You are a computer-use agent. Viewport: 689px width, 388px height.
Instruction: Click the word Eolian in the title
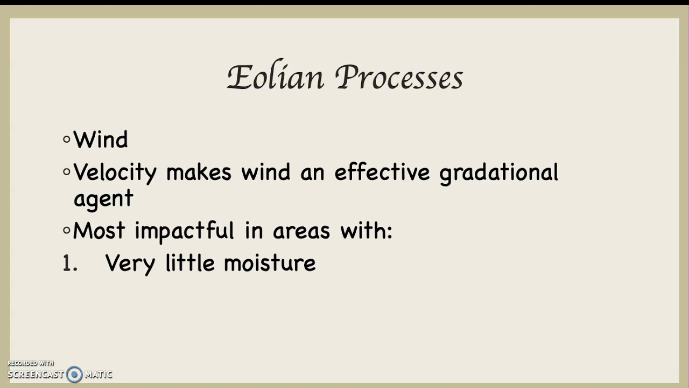coord(276,78)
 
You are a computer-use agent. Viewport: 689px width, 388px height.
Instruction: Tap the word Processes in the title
coord(399,79)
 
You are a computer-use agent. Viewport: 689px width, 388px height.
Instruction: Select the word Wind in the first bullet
coord(101,140)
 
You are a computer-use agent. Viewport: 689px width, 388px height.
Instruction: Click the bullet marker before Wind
coord(67,140)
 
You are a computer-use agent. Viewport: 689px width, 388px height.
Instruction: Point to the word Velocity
coord(115,173)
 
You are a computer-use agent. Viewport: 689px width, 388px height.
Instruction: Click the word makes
coord(199,172)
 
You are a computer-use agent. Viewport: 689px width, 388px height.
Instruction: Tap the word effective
coord(382,172)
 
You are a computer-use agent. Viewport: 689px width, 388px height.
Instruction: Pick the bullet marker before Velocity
coord(67,172)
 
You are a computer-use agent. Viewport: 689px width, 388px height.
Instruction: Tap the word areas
coord(301,231)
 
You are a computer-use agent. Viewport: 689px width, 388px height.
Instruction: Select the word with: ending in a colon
coord(367,231)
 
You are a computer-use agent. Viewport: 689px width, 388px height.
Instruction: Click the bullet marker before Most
coord(67,231)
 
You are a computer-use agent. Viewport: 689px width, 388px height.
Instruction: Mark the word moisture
coord(270,264)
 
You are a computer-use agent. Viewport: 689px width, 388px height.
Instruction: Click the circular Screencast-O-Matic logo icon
coord(74,374)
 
